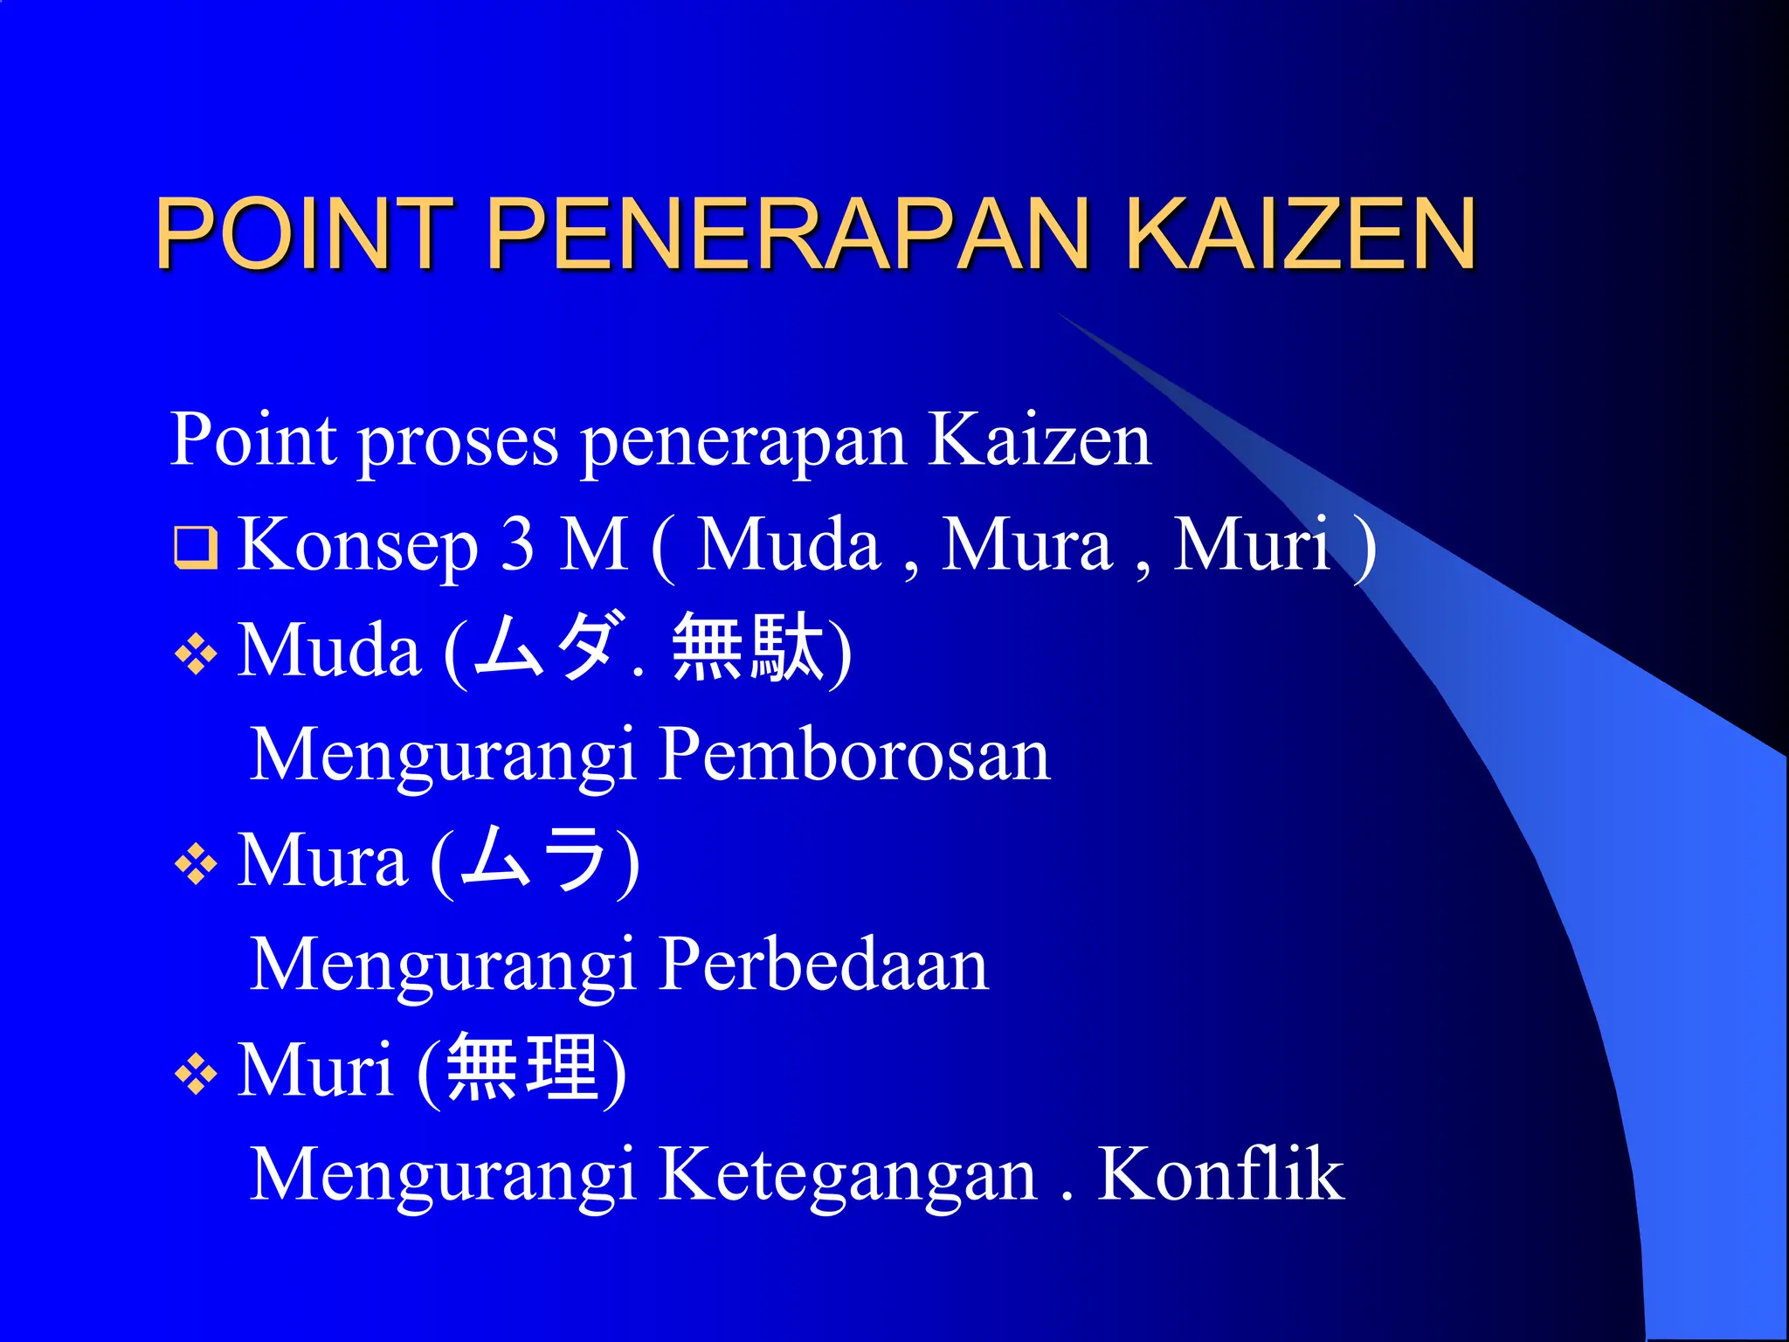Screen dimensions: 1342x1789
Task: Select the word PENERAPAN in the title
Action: (x=787, y=233)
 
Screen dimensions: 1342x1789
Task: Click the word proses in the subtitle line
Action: (x=459, y=441)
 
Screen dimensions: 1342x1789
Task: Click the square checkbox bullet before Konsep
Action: (x=196, y=547)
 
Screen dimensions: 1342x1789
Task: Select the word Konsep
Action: (x=358, y=546)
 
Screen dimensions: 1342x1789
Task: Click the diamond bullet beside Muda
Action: (x=196, y=654)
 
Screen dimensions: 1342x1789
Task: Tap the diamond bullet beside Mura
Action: (x=196, y=865)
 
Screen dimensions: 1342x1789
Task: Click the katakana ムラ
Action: (x=534, y=860)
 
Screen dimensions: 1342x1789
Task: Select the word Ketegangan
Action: (x=847, y=1176)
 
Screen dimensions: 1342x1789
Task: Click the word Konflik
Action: (x=1220, y=1174)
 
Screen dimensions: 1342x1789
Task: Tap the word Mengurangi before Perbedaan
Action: (x=442, y=966)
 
